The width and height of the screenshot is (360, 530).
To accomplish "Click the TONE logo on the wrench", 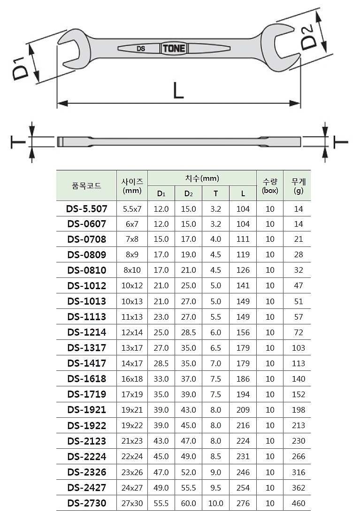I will click(x=174, y=48).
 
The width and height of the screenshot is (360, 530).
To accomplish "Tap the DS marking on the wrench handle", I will click(x=141, y=48).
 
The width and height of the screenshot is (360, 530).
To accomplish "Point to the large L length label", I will click(x=178, y=90).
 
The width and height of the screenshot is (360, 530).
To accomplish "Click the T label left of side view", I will click(x=18, y=142).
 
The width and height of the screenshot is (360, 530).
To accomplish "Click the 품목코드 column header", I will click(x=86, y=185).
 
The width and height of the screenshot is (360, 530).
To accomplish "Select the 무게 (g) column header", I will click(x=298, y=185).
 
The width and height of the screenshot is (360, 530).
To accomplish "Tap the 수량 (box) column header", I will click(x=270, y=185).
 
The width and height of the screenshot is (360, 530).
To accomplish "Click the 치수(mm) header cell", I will click(x=202, y=178).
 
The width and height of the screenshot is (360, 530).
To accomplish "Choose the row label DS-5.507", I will click(x=86, y=208).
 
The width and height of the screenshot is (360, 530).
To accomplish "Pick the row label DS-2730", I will click(x=86, y=503).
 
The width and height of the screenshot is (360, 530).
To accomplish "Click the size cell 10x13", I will click(x=132, y=301).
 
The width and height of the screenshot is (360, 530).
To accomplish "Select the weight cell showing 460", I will click(x=298, y=503).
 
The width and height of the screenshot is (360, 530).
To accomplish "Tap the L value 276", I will click(x=243, y=503).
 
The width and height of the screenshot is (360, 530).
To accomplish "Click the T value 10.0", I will click(x=215, y=503).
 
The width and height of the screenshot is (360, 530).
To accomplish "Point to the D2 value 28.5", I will click(x=188, y=332).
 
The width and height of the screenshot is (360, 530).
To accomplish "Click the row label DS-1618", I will click(x=86, y=379).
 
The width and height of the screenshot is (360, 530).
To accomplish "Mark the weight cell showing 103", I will click(x=298, y=348).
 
